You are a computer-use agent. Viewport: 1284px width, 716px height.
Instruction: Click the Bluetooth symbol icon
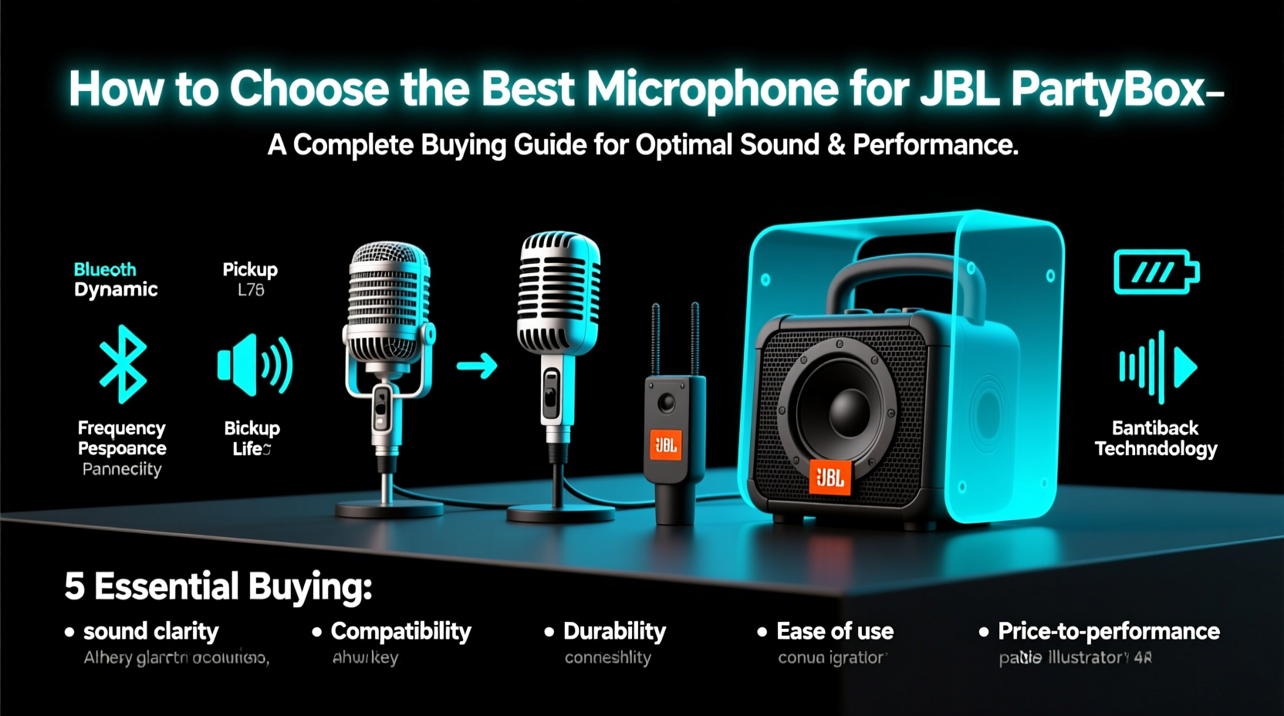click(123, 364)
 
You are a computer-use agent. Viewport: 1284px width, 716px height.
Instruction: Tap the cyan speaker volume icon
click(255, 364)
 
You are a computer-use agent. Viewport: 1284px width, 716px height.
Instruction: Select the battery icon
click(1155, 272)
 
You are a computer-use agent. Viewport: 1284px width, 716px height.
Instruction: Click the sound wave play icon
click(1157, 367)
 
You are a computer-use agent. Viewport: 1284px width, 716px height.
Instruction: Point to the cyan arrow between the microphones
click(477, 365)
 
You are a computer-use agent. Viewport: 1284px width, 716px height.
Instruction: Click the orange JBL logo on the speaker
click(830, 478)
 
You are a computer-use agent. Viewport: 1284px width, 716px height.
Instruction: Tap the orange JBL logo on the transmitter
click(665, 444)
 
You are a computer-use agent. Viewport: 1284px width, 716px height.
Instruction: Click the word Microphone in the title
click(712, 89)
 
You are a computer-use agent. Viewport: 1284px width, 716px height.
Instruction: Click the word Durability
click(614, 631)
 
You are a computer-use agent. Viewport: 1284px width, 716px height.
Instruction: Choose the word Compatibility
click(400, 631)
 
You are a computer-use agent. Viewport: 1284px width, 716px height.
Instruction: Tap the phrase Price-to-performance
click(1109, 631)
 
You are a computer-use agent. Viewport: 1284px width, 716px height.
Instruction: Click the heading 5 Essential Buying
click(218, 586)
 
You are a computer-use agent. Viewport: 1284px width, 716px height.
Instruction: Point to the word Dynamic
click(116, 289)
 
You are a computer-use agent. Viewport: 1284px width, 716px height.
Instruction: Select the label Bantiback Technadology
click(1155, 438)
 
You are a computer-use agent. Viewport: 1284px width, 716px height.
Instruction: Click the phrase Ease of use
click(835, 631)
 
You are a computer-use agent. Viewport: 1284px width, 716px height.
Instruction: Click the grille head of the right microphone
click(559, 289)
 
